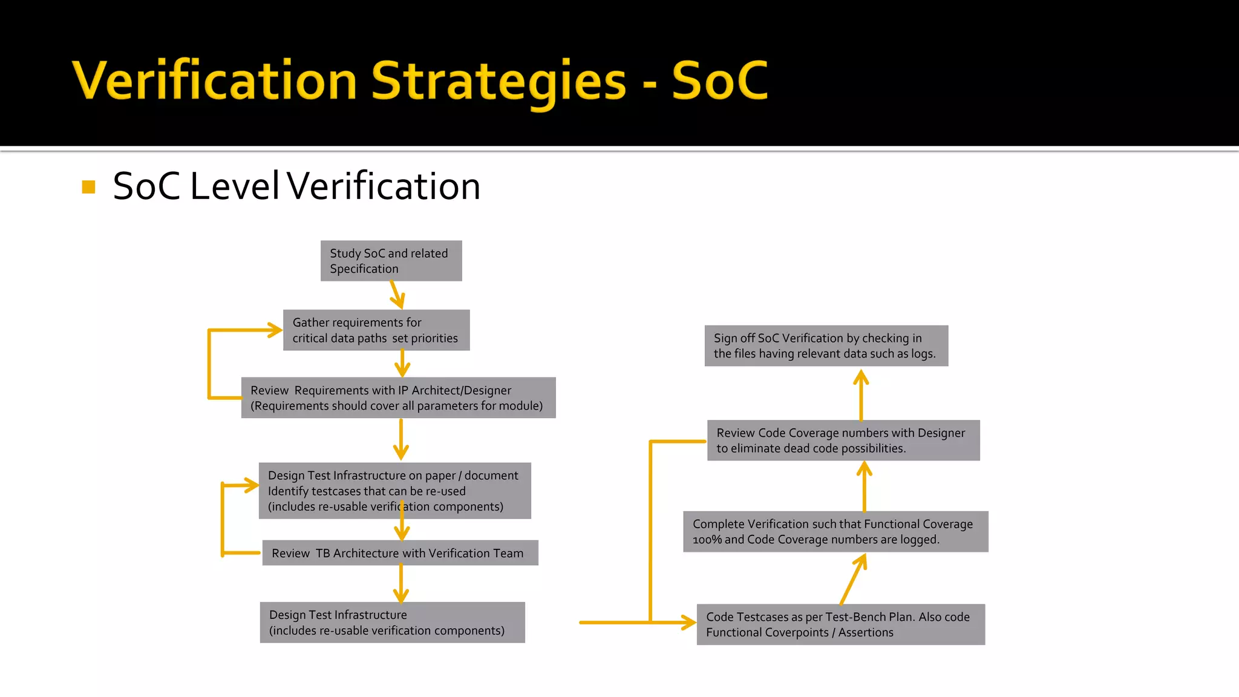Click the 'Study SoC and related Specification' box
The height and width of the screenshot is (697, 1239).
coord(391,261)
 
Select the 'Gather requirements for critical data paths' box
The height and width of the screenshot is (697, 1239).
coord(376,330)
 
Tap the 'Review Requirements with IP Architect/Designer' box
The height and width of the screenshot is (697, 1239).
coord(398,398)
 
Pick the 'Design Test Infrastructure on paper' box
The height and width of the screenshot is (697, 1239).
coord(394,491)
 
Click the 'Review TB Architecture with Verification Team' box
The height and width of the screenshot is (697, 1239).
coord(400,553)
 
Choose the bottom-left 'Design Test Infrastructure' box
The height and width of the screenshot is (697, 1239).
coord(392,623)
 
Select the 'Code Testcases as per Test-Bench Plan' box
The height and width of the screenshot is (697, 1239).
coord(840,624)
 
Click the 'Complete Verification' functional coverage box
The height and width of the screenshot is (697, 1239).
coord(835,532)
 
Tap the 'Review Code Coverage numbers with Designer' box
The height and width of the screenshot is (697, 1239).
coord(843,440)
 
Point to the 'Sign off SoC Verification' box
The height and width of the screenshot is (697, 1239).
coord(826,346)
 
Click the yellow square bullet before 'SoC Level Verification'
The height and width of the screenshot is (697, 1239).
coord(89,187)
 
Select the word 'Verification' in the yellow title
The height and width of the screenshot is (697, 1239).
coord(215,81)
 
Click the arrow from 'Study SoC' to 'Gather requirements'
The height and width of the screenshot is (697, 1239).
coord(397,295)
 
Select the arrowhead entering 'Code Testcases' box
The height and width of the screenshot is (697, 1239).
coord(688,622)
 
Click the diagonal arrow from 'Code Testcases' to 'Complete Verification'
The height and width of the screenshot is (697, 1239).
coord(853,579)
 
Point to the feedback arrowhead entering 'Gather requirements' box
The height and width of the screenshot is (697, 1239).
coord(274,330)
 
